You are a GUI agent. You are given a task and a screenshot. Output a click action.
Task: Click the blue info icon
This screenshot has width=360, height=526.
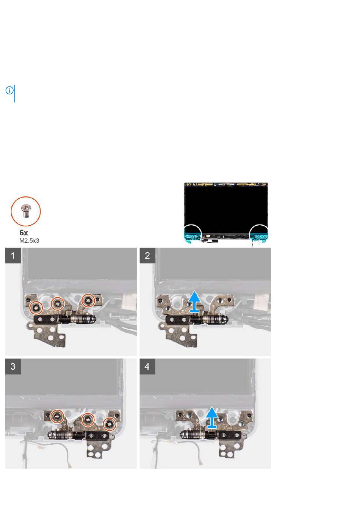click(9, 90)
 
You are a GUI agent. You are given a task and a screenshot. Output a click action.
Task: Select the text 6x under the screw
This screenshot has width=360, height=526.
click(24, 232)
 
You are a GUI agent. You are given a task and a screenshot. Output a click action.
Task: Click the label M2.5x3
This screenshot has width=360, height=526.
click(29, 240)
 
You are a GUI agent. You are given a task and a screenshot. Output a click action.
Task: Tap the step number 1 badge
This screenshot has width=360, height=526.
click(13, 255)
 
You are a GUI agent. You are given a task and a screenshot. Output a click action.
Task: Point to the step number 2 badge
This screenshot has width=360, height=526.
click(147, 255)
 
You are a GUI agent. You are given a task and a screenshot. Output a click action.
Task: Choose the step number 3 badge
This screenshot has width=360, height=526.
click(13, 366)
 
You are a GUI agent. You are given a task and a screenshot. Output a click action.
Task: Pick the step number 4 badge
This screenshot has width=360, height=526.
click(147, 366)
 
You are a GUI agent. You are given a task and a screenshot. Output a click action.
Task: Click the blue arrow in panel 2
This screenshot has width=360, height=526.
click(194, 301)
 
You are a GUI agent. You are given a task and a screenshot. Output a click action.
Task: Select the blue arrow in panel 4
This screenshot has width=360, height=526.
click(212, 417)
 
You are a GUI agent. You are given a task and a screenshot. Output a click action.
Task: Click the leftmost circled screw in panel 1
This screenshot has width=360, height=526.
click(36, 308)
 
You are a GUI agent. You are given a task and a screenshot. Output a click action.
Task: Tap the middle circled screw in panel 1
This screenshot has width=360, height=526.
click(58, 303)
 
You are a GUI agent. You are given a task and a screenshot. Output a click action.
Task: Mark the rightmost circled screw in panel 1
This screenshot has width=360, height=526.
click(88, 300)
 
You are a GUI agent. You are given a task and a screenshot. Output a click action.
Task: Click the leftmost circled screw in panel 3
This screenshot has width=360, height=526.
click(58, 416)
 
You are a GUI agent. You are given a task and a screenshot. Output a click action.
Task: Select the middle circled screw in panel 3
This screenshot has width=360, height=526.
click(88, 419)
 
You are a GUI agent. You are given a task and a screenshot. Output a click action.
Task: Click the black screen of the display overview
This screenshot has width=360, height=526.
click(226, 209)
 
